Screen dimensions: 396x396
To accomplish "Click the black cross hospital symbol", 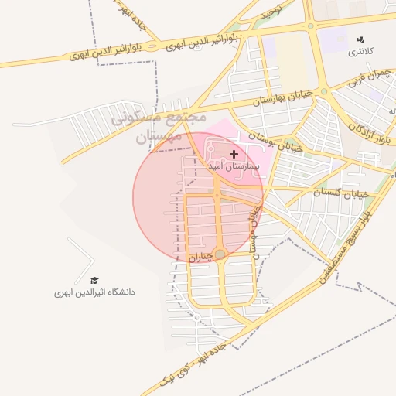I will pyautogui.click(x=234, y=155).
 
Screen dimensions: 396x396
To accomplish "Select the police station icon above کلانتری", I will pyautogui.click(x=360, y=39).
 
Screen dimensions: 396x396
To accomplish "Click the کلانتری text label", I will pyautogui.click(x=358, y=51).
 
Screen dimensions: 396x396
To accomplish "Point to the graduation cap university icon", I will pyautogui.click(x=94, y=281).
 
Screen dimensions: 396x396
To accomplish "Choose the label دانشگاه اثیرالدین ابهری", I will pyautogui.click(x=94, y=292).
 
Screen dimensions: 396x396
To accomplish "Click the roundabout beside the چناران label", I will pyautogui.click(x=220, y=254).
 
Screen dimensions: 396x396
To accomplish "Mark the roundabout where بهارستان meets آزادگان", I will pyautogui.click(x=325, y=92).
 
